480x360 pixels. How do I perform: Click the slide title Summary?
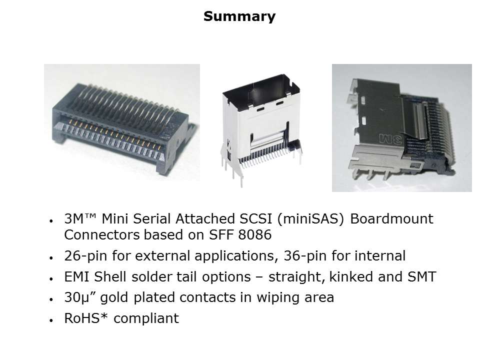pos(239,16)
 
